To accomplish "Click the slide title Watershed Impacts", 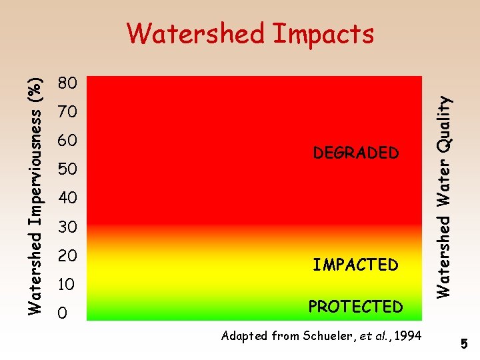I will click(x=250, y=33).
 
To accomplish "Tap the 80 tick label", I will click(x=67, y=83).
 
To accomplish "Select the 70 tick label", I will click(x=67, y=112).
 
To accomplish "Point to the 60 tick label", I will click(x=67, y=141).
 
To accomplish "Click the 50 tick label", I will click(x=67, y=170).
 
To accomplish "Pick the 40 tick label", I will click(x=67, y=199).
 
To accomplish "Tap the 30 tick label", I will click(x=67, y=228).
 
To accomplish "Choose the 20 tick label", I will click(x=67, y=256).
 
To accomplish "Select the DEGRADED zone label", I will click(x=355, y=153).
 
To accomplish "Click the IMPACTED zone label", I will click(x=355, y=265).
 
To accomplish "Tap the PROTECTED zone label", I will click(x=355, y=307).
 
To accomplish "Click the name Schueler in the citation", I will click(x=324, y=336).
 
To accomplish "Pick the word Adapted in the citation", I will click(x=244, y=336).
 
